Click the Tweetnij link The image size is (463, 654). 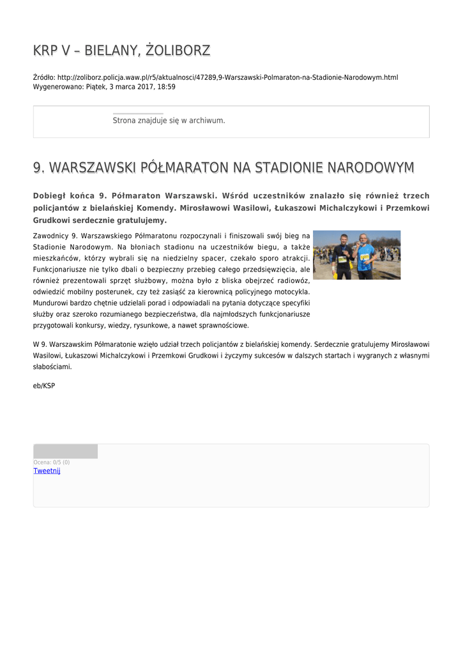point(47,471)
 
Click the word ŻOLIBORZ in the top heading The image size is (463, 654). point(178,51)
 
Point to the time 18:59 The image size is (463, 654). point(167,86)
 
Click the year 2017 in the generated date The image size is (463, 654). point(143,86)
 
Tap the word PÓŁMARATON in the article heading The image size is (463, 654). point(185,168)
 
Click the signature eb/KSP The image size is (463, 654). point(44,386)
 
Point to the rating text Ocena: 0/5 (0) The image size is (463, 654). point(52,462)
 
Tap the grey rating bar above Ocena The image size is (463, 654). point(65,452)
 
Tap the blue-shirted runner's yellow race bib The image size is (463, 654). point(365,257)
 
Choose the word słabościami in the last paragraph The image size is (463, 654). point(52,367)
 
